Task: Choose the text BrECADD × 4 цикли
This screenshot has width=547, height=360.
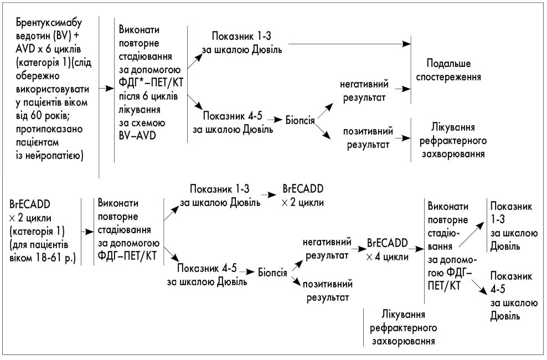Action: click(x=388, y=250)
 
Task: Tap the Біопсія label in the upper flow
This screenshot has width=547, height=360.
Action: click(x=301, y=120)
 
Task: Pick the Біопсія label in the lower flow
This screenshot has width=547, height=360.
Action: click(x=272, y=272)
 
